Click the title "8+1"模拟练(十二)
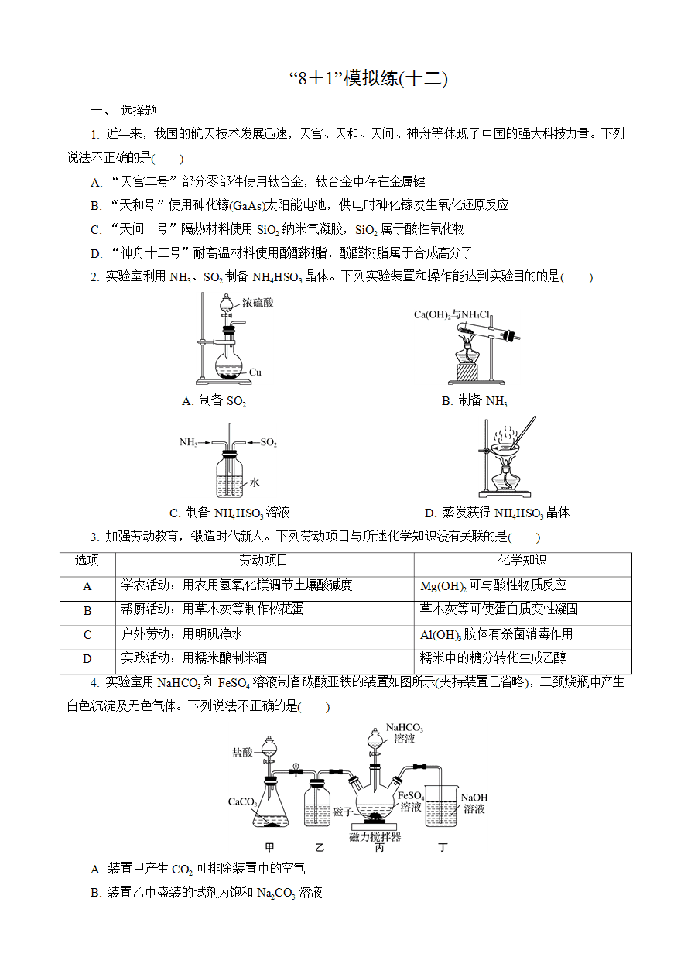pyautogui.click(x=368, y=78)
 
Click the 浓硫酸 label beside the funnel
pyautogui.click(x=258, y=303)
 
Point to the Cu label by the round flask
pyautogui.click(x=255, y=372)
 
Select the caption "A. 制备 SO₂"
pyautogui.click(x=214, y=401)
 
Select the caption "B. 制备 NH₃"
pyautogui.click(x=474, y=401)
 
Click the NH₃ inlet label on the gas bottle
pyautogui.click(x=189, y=442)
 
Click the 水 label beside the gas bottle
pyautogui.click(x=255, y=482)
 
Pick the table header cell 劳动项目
pyautogui.click(x=264, y=560)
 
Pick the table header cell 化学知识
pyautogui.click(x=522, y=560)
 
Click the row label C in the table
pyautogui.click(x=87, y=634)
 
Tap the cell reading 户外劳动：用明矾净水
pyautogui.click(x=182, y=633)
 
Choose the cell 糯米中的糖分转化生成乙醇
pyautogui.click(x=492, y=657)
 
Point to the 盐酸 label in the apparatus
pyautogui.click(x=242, y=752)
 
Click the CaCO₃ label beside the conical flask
pyautogui.click(x=242, y=802)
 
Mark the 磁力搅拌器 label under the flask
pyautogui.click(x=375, y=837)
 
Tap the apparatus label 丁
pyautogui.click(x=443, y=847)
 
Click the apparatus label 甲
pyautogui.click(x=269, y=847)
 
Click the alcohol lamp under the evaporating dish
pyautogui.click(x=505, y=479)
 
